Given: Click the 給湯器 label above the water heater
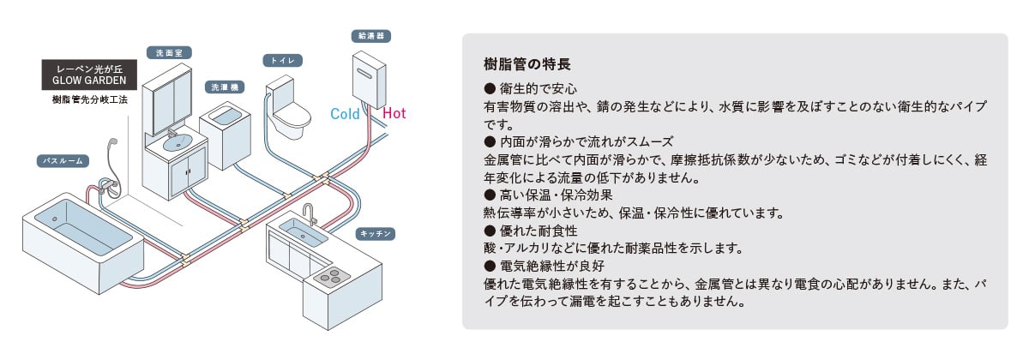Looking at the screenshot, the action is [371, 36].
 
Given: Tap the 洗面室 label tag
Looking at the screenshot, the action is [169, 53].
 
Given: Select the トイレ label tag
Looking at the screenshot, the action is [282, 61].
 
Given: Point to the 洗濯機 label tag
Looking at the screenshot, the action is [225, 87].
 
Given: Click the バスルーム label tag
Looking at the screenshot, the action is [63, 161].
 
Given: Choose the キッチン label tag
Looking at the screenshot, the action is [376, 234].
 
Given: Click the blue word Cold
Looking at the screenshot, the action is [345, 114].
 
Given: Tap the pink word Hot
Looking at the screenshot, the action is [394, 113].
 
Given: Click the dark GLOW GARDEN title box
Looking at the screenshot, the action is [89, 75].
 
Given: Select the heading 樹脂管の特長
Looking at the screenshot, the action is [527, 64].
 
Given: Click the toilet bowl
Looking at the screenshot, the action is [292, 118].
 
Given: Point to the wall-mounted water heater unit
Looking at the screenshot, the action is [369, 81].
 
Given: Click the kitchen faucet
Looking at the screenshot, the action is [308, 213].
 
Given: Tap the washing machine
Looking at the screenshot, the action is [225, 137].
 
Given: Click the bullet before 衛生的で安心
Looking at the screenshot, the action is [490, 88].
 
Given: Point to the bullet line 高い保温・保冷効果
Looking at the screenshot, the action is [549, 195].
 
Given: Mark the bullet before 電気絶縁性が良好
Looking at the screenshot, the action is [490, 266].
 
